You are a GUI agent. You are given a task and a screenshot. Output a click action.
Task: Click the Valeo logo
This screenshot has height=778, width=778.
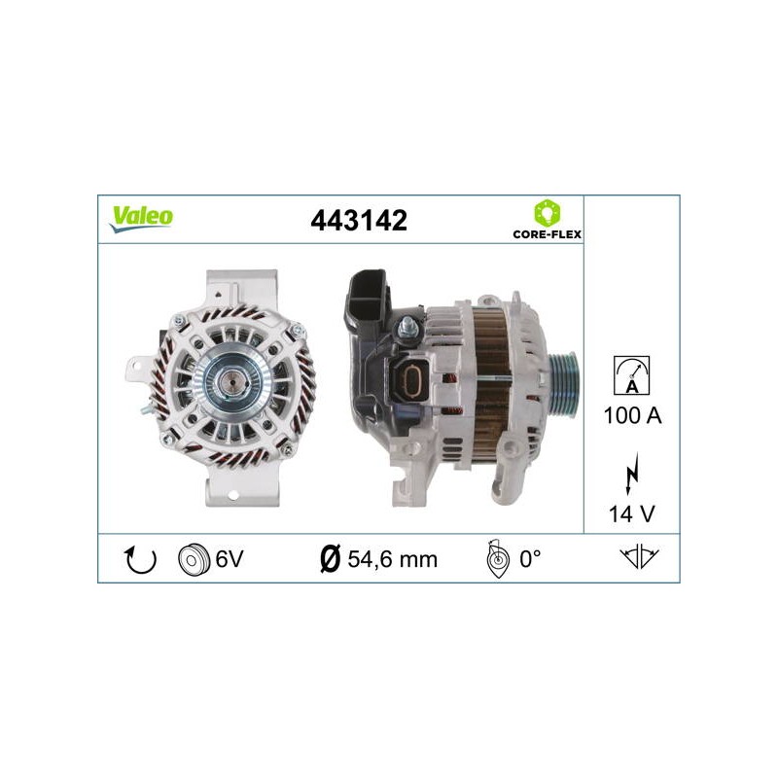click(x=141, y=219)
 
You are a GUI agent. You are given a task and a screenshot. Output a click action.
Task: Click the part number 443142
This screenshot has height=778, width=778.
click(x=359, y=221)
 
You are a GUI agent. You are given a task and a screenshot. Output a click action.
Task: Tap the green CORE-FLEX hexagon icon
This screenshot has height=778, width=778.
click(x=547, y=213)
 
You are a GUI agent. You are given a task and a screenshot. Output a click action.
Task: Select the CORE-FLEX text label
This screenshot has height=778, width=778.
click(x=547, y=234)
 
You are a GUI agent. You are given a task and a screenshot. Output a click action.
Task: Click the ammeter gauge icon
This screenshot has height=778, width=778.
click(x=631, y=375)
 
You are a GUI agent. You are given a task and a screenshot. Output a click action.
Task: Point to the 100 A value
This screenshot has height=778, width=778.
click(x=633, y=415)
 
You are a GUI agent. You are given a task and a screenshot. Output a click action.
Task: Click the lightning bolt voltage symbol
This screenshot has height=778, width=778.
click(x=631, y=473)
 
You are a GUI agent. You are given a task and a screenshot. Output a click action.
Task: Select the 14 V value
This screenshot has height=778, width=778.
click(x=632, y=514)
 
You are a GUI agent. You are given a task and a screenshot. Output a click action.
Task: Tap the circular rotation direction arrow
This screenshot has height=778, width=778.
click(x=140, y=560)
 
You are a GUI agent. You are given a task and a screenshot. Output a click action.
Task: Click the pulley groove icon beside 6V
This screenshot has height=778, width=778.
click(x=193, y=560)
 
